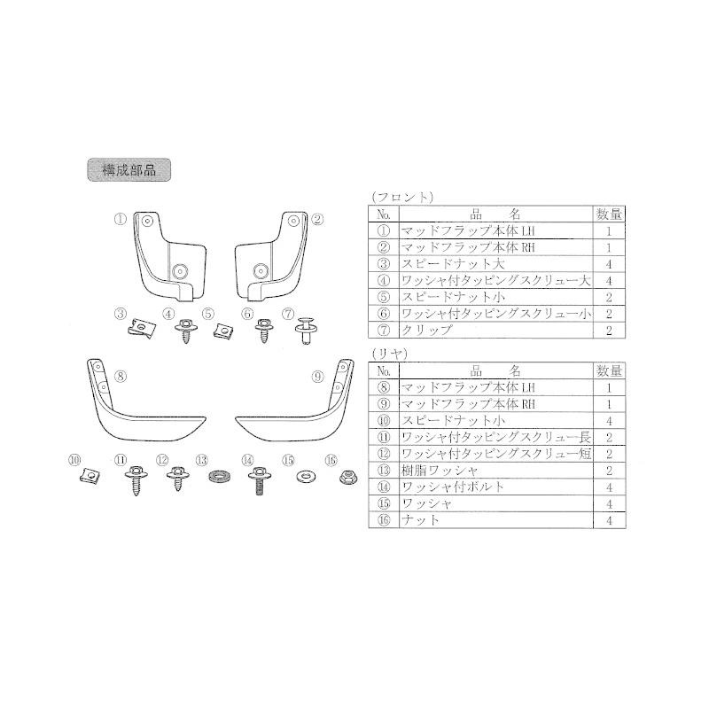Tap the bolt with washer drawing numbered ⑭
(258, 480)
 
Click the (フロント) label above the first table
(401, 197)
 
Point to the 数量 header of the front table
(609, 214)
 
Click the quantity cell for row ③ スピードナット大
(609, 263)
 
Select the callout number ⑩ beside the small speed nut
(74, 459)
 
